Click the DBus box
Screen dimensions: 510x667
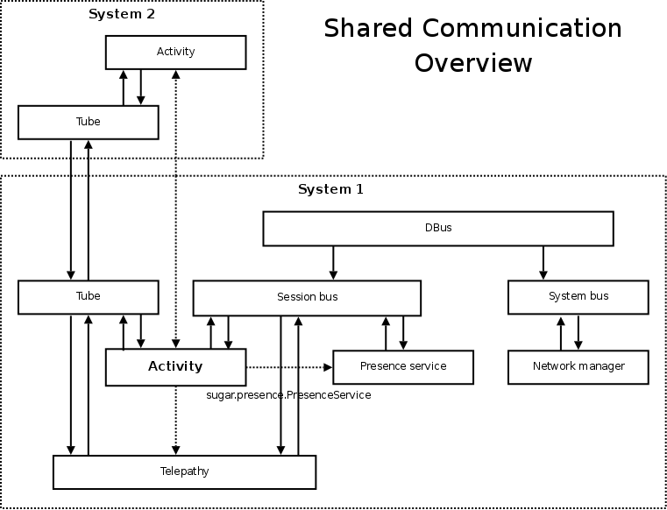(438, 228)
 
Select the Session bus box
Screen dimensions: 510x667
(307, 297)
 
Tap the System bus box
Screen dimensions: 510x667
(578, 297)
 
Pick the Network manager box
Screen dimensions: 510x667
(578, 366)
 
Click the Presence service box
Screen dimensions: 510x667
(403, 366)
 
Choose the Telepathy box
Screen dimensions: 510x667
(184, 471)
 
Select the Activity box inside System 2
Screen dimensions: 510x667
(175, 52)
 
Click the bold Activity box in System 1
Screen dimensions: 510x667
(175, 366)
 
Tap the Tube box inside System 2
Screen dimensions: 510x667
(88, 122)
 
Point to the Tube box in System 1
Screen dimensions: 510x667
(88, 297)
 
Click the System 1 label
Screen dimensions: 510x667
(330, 189)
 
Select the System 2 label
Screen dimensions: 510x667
(121, 14)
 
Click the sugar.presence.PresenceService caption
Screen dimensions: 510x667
(287, 395)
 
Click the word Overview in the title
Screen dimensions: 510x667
(473, 63)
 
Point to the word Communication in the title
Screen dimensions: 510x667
(522, 28)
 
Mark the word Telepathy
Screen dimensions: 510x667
(184, 471)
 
